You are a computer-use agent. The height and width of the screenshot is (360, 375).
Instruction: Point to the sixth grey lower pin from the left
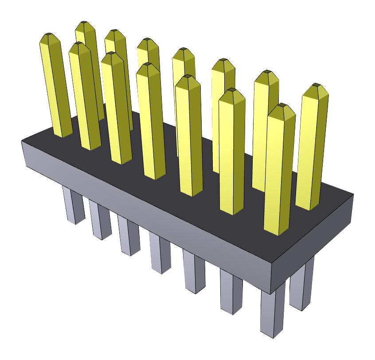click(x=231, y=290)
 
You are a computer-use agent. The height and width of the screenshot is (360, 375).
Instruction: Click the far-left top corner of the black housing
click(x=22, y=141)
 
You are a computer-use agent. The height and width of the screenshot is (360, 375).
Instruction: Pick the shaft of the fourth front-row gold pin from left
click(x=151, y=124)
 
